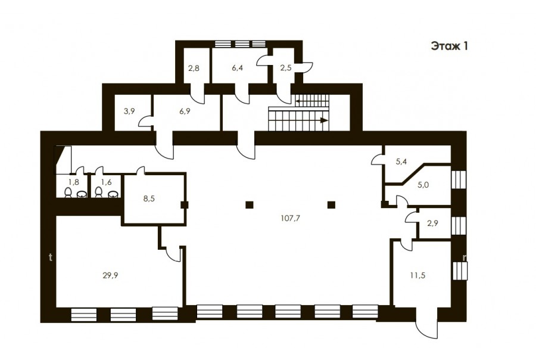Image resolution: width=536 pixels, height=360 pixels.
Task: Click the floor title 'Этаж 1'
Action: [x=449, y=46]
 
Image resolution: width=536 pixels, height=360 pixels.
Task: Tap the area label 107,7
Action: [x=290, y=218]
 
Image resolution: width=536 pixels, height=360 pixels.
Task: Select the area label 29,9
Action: [x=110, y=275]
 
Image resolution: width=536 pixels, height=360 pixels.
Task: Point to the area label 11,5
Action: [x=417, y=275]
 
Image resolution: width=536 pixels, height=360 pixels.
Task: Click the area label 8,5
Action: [x=149, y=198]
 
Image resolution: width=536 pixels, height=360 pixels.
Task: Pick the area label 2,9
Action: [x=433, y=224]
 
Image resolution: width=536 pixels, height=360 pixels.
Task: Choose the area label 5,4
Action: [x=401, y=162]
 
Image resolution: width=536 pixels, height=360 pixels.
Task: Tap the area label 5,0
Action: [x=423, y=185]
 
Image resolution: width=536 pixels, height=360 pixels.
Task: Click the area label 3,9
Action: [x=129, y=111]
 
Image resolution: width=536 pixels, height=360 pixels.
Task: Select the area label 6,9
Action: [x=185, y=111]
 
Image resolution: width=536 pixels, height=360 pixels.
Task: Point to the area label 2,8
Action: [x=194, y=68]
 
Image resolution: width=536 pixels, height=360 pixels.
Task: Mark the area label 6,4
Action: [x=237, y=68]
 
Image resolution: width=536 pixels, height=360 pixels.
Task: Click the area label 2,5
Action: [x=286, y=68]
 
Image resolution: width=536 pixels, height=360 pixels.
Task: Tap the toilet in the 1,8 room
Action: [x=68, y=192]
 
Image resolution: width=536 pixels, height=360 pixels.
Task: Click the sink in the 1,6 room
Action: [x=114, y=194]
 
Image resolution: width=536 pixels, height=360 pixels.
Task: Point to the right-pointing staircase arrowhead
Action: [x=324, y=120]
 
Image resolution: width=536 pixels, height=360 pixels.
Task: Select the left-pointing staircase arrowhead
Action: [x=298, y=101]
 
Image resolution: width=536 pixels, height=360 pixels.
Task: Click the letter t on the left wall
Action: [x=51, y=257]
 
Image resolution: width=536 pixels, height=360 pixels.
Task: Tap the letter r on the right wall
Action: [x=465, y=257]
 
